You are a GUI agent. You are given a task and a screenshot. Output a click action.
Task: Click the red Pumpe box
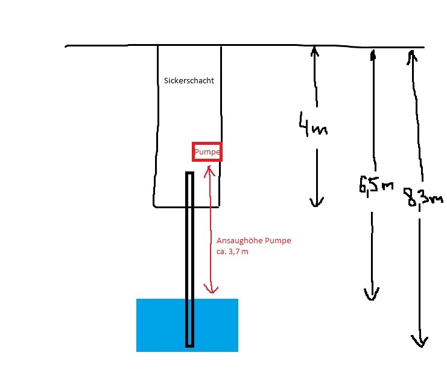(207, 152)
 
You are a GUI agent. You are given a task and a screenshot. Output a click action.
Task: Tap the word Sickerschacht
(189, 80)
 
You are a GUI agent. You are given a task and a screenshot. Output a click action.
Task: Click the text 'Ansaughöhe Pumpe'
(253, 240)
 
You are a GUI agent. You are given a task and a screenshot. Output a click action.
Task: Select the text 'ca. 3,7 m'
(232, 251)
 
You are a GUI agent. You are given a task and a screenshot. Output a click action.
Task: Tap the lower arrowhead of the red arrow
(210, 289)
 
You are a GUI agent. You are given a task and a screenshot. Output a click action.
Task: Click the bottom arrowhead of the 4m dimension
(314, 202)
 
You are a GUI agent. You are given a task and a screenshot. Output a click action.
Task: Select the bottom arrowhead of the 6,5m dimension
(371, 295)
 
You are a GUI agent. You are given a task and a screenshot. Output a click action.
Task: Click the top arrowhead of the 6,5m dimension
(373, 54)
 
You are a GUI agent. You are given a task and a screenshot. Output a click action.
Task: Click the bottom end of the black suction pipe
(189, 345)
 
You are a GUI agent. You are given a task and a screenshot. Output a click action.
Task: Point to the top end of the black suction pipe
(189, 174)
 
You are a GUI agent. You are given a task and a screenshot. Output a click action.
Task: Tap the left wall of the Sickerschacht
(158, 121)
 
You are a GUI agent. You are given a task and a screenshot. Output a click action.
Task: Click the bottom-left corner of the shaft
(155, 206)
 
